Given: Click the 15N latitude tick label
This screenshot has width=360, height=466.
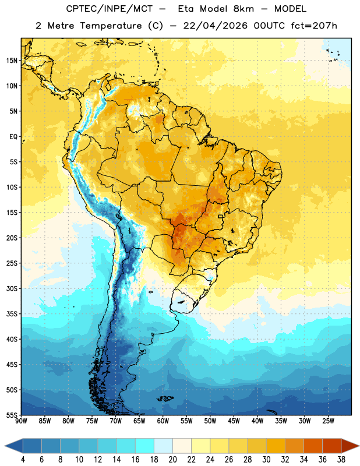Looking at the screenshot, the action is click(x=12, y=61).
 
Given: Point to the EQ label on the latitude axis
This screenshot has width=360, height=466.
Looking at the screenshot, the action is click(x=13, y=137).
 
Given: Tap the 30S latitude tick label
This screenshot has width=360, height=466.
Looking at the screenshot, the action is click(x=12, y=288).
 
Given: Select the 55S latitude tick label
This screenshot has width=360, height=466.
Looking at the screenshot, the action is click(x=12, y=415).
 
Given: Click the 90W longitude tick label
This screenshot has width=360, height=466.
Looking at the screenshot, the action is click(x=21, y=421).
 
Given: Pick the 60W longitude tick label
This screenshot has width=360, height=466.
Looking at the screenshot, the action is click(x=163, y=421).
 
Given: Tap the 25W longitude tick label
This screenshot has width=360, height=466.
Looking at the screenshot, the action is click(x=328, y=421).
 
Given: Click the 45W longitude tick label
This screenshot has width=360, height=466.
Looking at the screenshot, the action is click(x=234, y=421).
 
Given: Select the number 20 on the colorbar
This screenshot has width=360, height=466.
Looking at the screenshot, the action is click(x=172, y=460).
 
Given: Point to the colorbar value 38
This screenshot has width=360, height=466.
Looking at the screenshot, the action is click(x=341, y=460).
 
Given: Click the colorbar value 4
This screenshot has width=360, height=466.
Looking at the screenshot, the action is click(x=23, y=460).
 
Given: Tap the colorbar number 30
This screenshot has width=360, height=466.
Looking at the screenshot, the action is click(x=266, y=460).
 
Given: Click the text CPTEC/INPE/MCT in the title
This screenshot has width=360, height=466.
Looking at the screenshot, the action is click(x=109, y=9).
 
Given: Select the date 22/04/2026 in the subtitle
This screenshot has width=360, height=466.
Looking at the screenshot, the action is click(x=215, y=26).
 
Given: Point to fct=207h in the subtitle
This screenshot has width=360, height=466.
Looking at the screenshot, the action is click(x=314, y=26).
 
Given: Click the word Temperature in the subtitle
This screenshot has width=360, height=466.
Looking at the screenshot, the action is click(x=111, y=26).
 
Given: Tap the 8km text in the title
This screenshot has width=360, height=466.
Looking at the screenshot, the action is click(x=243, y=9).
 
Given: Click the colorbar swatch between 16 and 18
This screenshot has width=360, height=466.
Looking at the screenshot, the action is click(x=144, y=446).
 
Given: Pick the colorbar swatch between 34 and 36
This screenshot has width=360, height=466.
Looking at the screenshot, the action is click(x=313, y=446).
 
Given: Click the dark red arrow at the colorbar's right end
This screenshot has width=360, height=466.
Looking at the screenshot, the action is click(x=350, y=446).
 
